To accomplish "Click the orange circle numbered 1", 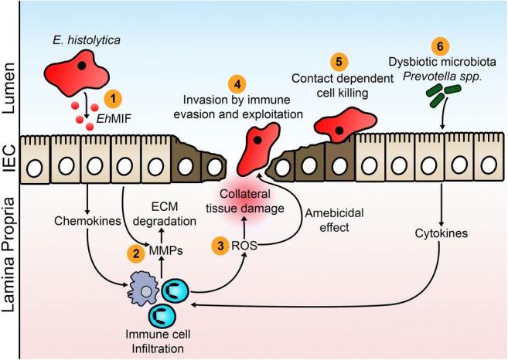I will (113, 99).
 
